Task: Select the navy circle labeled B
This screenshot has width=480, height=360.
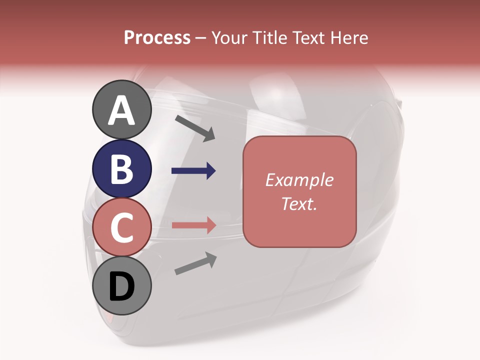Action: click(121, 168)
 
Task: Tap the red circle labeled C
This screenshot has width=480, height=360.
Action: click(121, 227)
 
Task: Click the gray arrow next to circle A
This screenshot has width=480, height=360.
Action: click(195, 128)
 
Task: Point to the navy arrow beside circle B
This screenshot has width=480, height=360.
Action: click(193, 171)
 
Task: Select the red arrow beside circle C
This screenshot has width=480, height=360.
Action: click(193, 225)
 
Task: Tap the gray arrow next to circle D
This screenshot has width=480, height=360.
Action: click(195, 263)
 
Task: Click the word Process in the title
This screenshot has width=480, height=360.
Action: click(157, 38)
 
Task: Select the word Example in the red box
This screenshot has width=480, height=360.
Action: click(299, 180)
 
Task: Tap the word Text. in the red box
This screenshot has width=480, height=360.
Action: click(299, 204)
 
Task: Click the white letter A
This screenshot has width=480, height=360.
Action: click(121, 110)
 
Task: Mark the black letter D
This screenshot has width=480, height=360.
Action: click(121, 287)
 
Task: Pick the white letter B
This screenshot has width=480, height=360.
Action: click(121, 169)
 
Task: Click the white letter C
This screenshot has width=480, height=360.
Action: click(121, 227)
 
